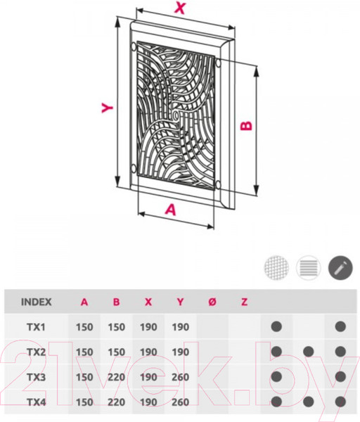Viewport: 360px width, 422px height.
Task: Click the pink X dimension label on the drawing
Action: (180, 8)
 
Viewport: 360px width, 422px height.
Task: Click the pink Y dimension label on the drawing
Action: (107, 108)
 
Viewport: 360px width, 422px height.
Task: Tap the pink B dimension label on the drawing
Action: (247, 126)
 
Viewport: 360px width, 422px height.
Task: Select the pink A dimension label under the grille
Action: (171, 210)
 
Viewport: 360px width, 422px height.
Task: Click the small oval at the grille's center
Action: (175, 116)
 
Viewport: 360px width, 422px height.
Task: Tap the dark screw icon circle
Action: (340, 268)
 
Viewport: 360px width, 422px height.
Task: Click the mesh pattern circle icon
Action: (276, 268)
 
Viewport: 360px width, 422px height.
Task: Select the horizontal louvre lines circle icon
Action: (309, 268)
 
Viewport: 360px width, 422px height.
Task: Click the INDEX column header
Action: (37, 302)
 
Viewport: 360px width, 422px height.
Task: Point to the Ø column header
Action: (212, 302)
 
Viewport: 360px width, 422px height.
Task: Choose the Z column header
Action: (244, 302)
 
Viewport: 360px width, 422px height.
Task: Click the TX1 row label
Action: (36, 327)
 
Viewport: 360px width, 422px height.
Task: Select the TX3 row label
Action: (36, 377)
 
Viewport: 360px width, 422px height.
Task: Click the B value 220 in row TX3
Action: (116, 377)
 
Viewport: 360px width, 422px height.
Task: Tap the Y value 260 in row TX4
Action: (180, 402)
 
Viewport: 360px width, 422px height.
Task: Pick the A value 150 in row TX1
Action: (84, 327)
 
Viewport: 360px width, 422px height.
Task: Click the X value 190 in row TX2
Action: (148, 352)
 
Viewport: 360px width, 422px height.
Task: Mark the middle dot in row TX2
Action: (309, 352)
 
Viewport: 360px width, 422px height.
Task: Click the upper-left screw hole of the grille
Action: (134, 47)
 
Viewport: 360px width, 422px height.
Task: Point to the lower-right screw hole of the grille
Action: (218, 184)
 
